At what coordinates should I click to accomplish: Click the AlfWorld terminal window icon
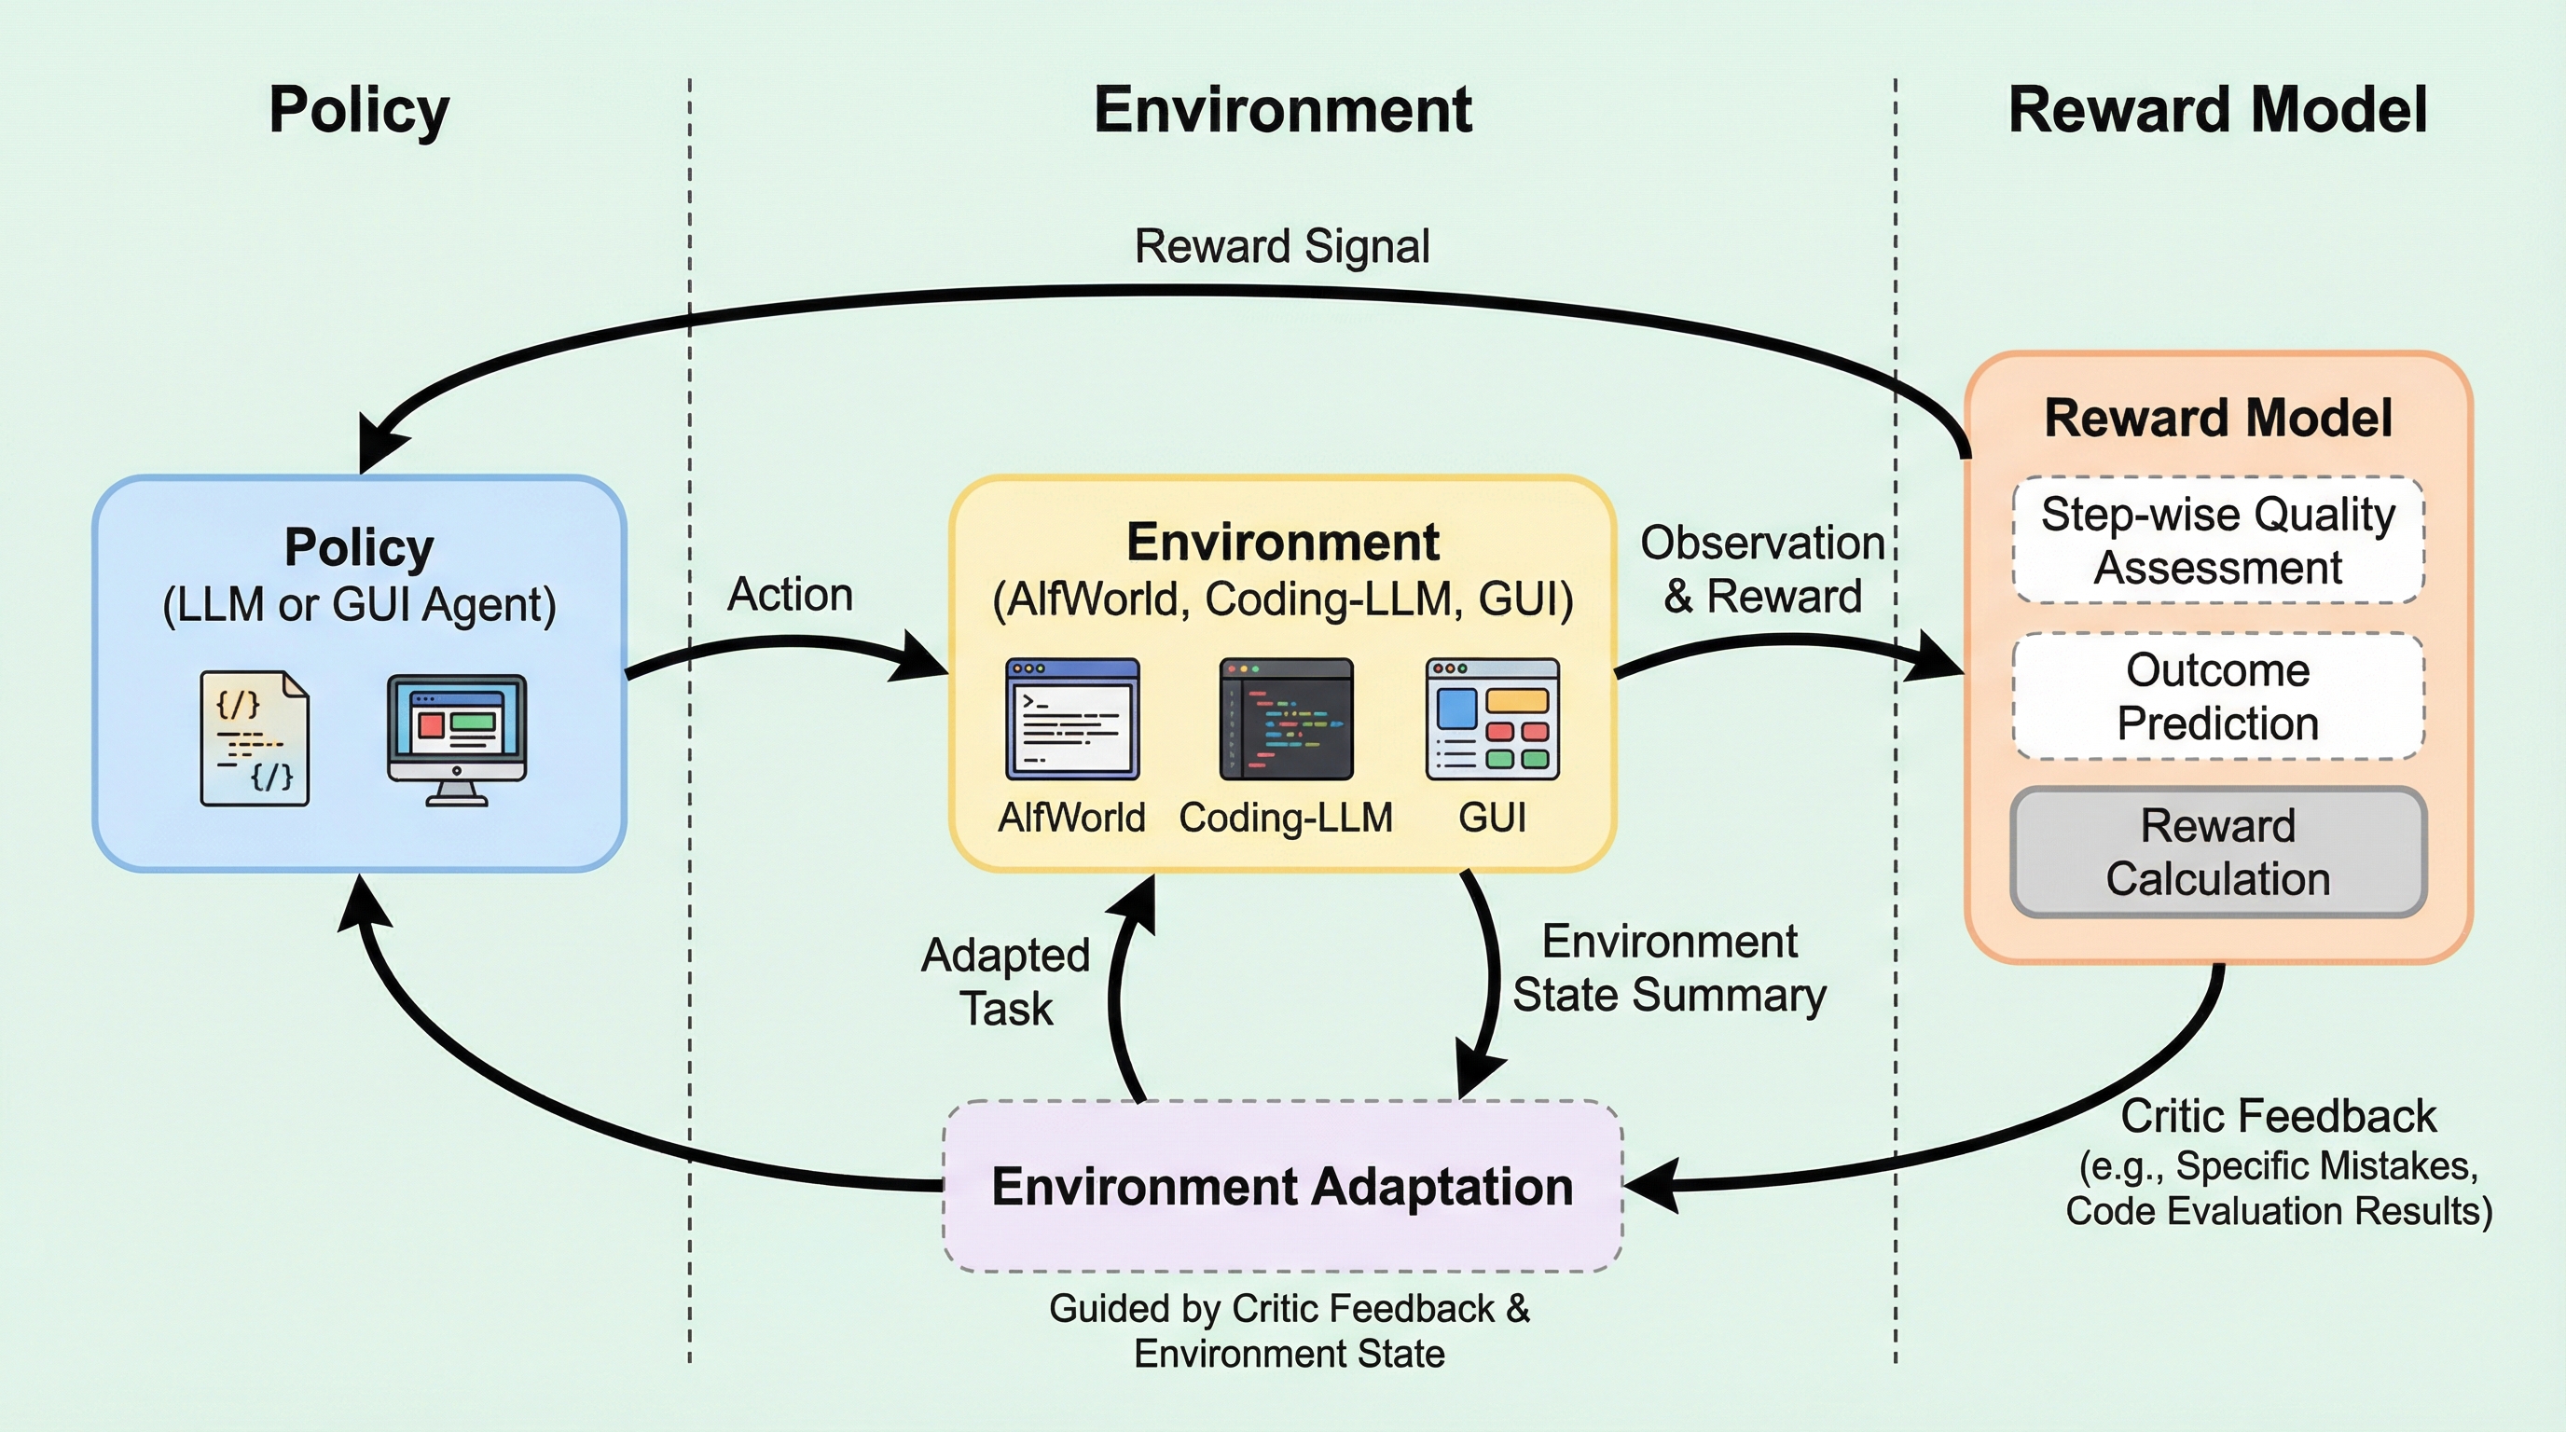pos(1072,718)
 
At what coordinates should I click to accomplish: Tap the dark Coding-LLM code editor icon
pos(1286,718)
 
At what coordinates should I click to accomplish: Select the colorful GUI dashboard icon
pos(1492,718)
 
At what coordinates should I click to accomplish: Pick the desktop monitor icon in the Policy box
pos(456,737)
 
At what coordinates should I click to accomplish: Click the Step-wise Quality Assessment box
pos(2217,541)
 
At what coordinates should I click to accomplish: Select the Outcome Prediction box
pos(2217,696)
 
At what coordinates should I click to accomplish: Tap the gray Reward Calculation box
pos(2217,851)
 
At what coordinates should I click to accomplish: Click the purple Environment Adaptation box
pos(1282,1186)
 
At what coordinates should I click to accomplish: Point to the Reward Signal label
pos(1282,246)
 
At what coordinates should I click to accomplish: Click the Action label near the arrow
pos(790,595)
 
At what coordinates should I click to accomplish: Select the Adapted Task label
pos(1006,981)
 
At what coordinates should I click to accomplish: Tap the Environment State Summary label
pos(1670,968)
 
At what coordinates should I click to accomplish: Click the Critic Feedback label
pos(2278,1116)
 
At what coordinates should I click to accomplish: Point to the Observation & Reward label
pos(1762,570)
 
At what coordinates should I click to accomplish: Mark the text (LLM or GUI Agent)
pos(359,604)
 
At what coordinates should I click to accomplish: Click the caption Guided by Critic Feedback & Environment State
pos(1289,1330)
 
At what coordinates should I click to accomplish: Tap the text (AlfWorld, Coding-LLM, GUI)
pos(1282,599)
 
